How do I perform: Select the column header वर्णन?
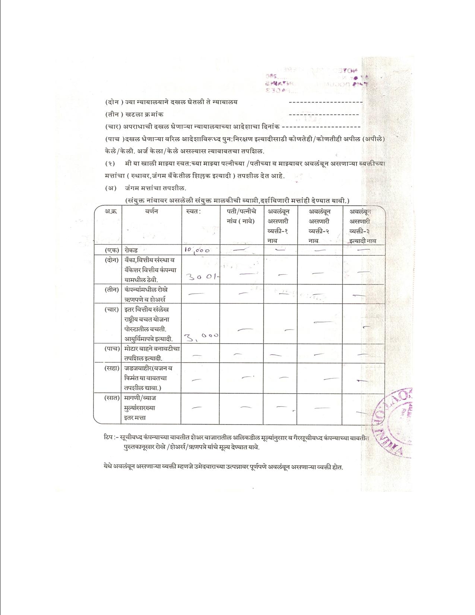tap(152, 211)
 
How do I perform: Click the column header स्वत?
tap(193, 211)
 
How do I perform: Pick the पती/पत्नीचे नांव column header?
tap(241, 216)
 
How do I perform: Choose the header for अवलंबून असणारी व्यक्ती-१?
tap(278, 226)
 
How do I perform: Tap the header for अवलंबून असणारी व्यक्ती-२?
tap(319, 226)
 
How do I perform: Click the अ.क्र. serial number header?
tap(110, 211)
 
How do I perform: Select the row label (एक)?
tap(112, 250)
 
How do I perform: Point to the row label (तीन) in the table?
tap(112, 290)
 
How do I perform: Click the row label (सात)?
tap(112, 398)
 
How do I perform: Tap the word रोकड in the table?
tap(131, 250)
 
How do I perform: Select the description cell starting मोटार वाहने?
tap(152, 353)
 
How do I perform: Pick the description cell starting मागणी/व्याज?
tap(140, 408)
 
